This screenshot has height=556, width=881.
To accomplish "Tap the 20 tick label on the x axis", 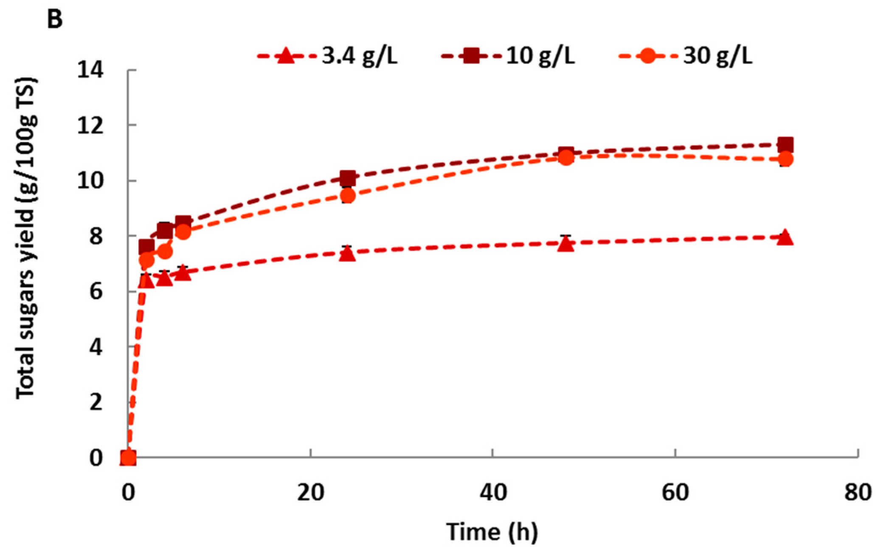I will point(311,494).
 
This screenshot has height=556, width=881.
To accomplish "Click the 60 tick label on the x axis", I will point(675,494).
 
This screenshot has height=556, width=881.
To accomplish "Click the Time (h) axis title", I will point(492,532).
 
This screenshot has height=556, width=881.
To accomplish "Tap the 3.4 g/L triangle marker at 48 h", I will point(566,244).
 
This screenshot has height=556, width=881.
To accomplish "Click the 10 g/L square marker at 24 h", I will point(348,178).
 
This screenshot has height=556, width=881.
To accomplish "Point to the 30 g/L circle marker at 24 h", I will point(348,196).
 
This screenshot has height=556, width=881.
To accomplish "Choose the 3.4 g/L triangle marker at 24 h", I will point(348,254).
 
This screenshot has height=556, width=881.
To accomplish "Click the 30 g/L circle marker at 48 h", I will point(566,158).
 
